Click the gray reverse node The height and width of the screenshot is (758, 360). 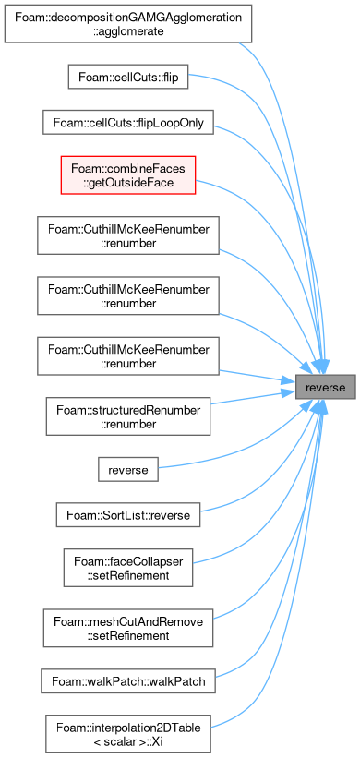click(326, 387)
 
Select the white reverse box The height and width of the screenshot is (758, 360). click(128, 469)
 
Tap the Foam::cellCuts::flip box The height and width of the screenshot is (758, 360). click(127, 77)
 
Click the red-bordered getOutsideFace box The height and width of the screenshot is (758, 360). click(128, 175)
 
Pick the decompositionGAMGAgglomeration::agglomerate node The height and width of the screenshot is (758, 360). click(128, 24)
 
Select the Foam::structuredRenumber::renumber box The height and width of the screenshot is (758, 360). click(128, 416)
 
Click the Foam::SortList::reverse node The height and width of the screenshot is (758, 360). click(128, 515)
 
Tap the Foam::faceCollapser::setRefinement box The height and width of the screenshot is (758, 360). click(128, 568)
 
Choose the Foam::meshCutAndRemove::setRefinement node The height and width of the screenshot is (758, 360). click(128, 628)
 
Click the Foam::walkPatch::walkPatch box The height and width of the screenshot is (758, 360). click(128, 680)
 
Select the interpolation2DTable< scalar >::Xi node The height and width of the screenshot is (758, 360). click(128, 733)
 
